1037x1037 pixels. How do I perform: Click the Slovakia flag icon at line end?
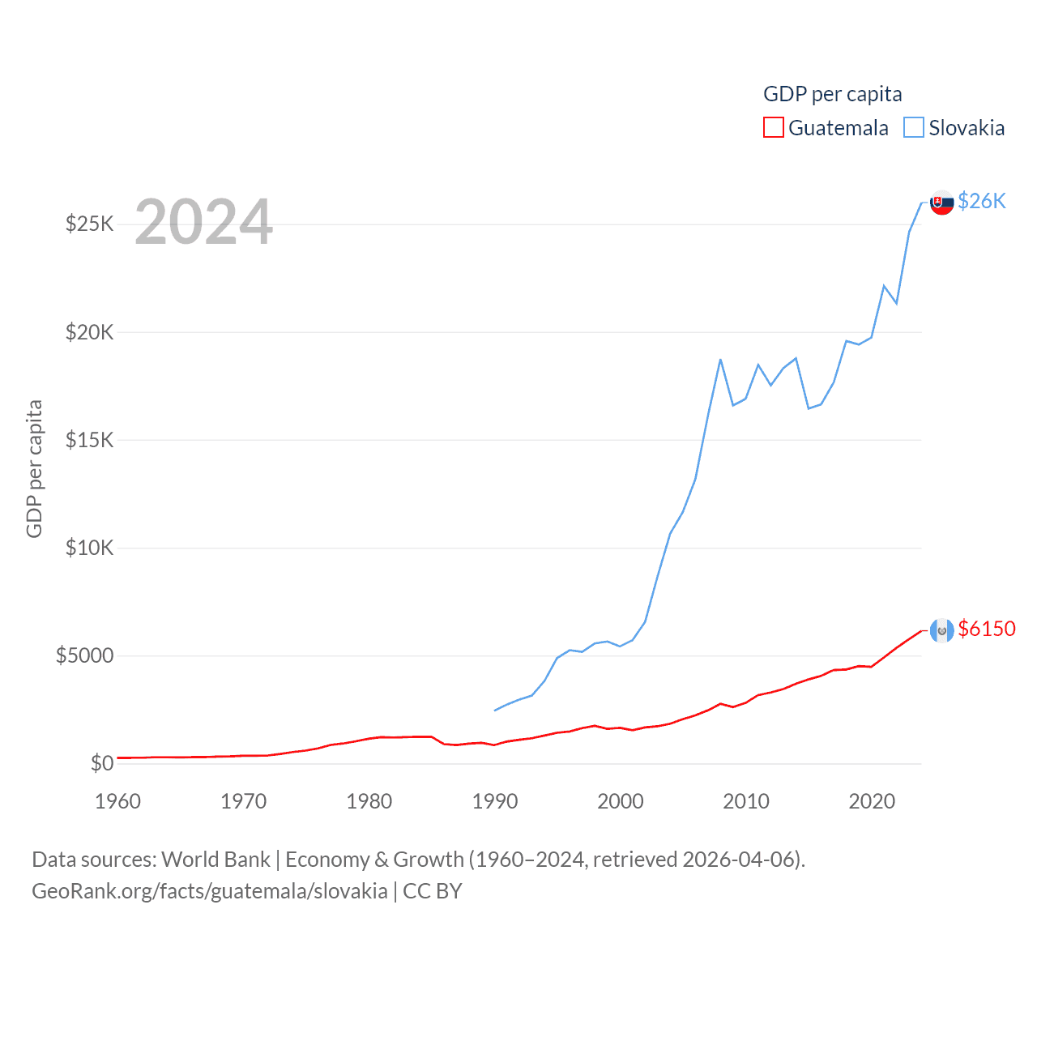[941, 203]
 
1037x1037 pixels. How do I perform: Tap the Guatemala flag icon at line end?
[941, 630]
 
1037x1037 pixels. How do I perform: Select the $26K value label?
[981, 201]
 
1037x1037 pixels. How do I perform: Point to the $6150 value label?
[986, 629]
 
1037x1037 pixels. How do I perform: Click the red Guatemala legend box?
[774, 128]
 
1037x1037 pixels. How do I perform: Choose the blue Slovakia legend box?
[914, 128]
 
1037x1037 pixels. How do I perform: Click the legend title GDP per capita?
[832, 94]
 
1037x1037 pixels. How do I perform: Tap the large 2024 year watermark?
[203, 222]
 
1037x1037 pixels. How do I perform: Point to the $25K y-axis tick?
[90, 224]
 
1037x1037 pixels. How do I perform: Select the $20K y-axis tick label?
[90, 332]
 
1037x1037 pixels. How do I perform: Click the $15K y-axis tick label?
[90, 440]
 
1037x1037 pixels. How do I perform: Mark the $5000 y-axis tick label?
[85, 655]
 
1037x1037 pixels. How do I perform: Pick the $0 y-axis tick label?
[102, 763]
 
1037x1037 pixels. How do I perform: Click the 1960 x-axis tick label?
[118, 801]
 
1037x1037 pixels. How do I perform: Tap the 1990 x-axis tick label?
[495, 801]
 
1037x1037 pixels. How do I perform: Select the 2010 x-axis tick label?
[746, 801]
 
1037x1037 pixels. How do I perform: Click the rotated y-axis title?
[34, 468]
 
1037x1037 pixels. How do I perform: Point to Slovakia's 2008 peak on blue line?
[720, 359]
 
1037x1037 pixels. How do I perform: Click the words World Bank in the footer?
[216, 859]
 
